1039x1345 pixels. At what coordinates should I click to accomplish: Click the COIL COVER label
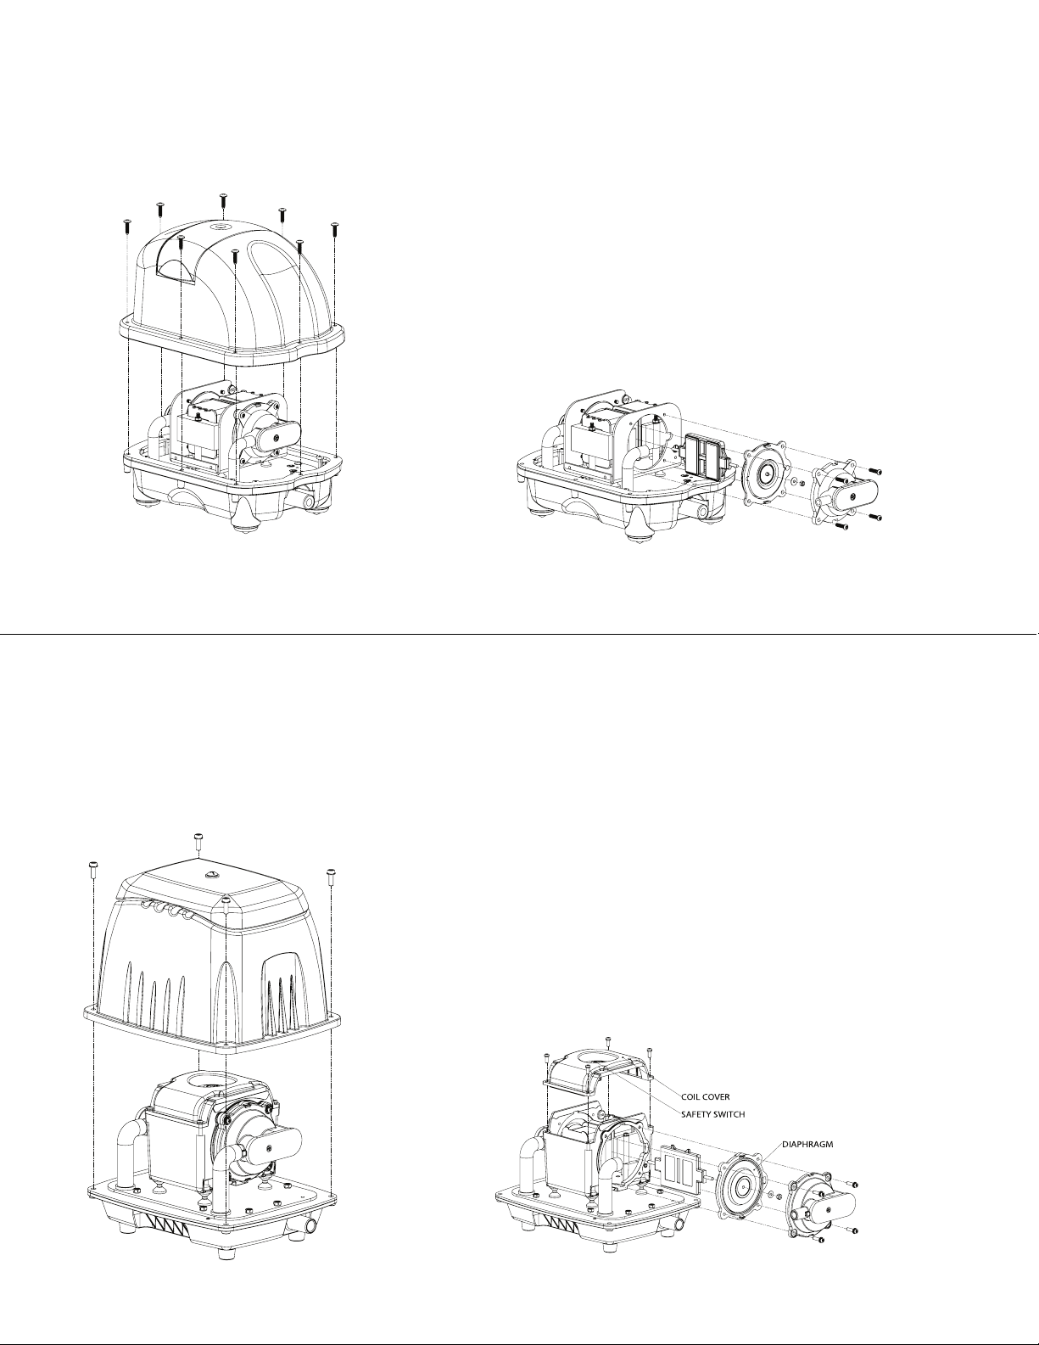click(706, 1096)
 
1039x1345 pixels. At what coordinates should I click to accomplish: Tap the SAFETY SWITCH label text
click(713, 1113)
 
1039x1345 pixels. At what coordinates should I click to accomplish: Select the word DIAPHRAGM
click(807, 1144)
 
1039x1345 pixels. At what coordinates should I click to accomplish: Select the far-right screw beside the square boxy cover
click(330, 872)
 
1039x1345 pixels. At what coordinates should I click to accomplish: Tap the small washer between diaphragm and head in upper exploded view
click(792, 482)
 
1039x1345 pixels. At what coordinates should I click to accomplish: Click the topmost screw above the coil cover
click(607, 1040)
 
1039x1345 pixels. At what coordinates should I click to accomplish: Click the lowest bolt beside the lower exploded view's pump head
click(818, 1240)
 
